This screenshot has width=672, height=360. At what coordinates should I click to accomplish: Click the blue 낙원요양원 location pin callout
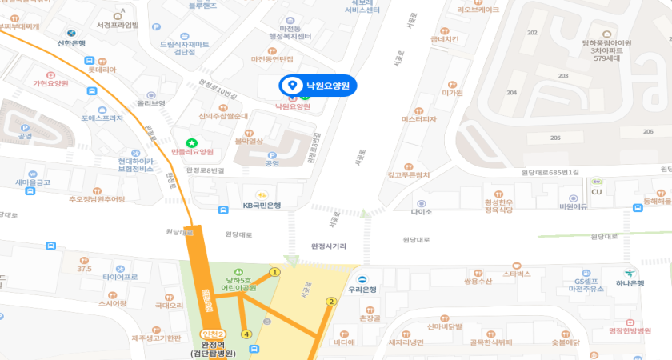tap(318, 86)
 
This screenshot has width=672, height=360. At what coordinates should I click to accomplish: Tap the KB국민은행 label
tap(262, 205)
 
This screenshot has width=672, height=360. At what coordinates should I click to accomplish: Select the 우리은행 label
tap(362, 290)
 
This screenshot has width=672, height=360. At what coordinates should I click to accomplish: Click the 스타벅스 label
tap(517, 274)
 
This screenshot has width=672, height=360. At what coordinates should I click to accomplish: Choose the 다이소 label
tap(421, 212)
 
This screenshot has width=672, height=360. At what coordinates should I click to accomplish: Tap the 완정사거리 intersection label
tap(329, 246)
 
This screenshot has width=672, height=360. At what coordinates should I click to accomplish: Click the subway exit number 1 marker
tap(274, 272)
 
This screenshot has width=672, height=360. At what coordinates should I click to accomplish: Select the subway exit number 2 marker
tap(330, 302)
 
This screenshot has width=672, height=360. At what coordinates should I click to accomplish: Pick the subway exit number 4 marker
tap(246, 334)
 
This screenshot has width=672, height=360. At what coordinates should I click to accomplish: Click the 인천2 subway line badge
tap(213, 334)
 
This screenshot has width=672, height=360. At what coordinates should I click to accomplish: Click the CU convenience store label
tap(596, 192)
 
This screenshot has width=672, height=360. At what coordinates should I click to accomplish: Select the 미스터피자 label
tap(418, 119)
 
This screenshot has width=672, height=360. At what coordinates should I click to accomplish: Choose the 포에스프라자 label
tap(102, 118)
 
